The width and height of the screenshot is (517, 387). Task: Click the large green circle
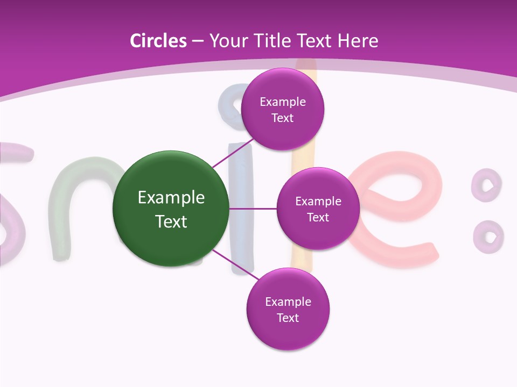coord(171,209)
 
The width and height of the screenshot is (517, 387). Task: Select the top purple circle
coord(282,109)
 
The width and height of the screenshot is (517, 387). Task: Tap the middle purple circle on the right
coord(318,209)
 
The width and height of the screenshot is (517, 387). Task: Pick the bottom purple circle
coord(288,309)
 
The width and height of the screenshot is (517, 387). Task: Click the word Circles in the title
coord(158,41)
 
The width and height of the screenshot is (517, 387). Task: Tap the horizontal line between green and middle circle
coord(253,209)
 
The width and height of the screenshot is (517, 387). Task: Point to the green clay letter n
coord(81,177)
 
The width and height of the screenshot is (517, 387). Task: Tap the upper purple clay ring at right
coord(486,184)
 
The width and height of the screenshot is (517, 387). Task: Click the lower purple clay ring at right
coord(488,236)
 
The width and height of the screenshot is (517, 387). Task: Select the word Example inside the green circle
coord(171,198)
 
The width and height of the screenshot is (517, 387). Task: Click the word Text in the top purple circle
coord(282,118)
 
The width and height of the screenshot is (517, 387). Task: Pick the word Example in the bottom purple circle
coord(288,302)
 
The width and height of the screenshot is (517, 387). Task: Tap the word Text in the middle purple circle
coord(318,217)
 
